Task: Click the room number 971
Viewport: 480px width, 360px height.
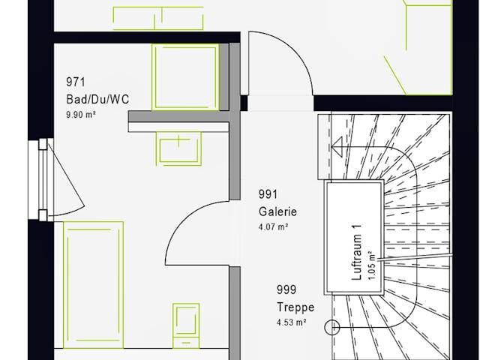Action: [76, 82]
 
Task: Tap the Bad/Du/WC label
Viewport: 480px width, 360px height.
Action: [97, 100]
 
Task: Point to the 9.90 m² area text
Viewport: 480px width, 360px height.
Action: [81, 115]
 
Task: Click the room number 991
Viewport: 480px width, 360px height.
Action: [268, 194]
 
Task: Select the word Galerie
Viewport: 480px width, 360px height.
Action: [277, 211]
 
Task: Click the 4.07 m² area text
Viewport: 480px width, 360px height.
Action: [273, 227]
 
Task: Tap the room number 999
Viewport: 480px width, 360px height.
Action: [286, 289]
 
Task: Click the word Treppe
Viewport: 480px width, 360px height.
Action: [295, 307]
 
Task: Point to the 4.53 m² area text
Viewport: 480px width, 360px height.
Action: [292, 322]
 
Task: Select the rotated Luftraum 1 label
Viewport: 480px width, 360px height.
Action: [357, 252]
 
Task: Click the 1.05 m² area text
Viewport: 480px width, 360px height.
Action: [371, 265]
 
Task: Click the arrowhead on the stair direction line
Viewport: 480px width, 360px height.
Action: [337, 147]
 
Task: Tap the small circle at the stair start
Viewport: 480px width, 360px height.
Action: [331, 328]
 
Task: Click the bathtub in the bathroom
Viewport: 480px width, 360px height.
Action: [93, 285]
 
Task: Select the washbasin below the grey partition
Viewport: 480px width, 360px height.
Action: [178, 148]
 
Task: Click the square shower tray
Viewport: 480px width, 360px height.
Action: [185, 77]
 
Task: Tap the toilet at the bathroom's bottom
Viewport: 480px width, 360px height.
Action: [186, 325]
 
